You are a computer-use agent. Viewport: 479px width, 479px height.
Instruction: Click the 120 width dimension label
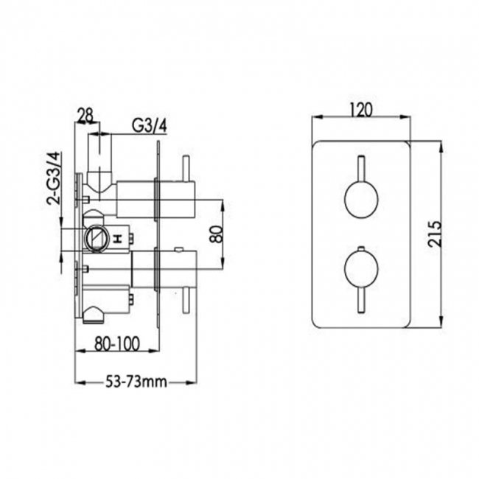[x=361, y=110]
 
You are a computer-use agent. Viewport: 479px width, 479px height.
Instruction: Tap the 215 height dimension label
[x=435, y=234]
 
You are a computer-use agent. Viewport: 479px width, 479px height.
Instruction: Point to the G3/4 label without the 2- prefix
[x=150, y=125]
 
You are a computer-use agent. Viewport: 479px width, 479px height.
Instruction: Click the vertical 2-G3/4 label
[x=53, y=178]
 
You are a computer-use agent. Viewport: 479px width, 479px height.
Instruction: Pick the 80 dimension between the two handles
[x=217, y=234]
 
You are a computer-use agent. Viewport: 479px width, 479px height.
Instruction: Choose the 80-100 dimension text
[x=117, y=343]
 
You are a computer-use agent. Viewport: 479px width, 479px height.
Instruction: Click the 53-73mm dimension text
[x=136, y=382]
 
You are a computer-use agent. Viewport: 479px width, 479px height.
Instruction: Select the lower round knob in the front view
[x=361, y=269]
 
